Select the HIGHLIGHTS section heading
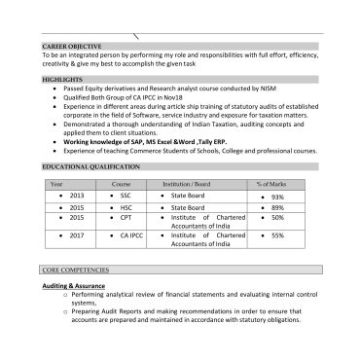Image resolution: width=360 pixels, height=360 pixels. pyautogui.click(x=62, y=77)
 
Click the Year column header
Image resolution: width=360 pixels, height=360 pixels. pyautogui.click(x=56, y=184)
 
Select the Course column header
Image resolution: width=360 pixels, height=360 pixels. pyautogui.click(x=121, y=184)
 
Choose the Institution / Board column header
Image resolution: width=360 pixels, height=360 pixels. pyautogui.click(x=186, y=184)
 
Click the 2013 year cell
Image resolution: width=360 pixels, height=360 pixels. pyautogui.click(x=77, y=196)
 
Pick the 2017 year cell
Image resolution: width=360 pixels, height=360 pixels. pyautogui.click(x=77, y=234)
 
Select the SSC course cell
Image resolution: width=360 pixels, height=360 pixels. pyautogui.click(x=126, y=196)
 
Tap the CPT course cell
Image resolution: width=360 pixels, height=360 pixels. pyautogui.click(x=126, y=218)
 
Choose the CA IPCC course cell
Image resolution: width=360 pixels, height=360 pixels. pyautogui.click(x=131, y=234)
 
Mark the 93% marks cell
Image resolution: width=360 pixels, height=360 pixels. pyautogui.click(x=277, y=197)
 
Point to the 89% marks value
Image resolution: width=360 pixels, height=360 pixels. pyautogui.click(x=277, y=207)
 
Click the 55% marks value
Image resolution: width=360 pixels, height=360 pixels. pyautogui.click(x=277, y=234)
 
